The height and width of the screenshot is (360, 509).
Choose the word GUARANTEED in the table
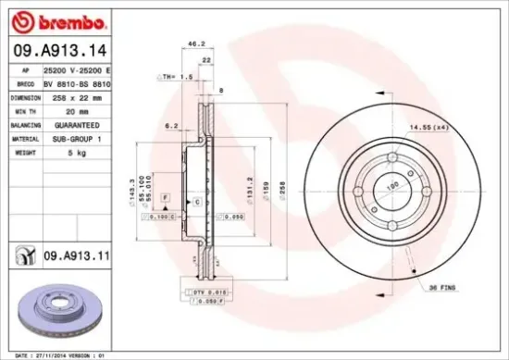(x=71, y=124)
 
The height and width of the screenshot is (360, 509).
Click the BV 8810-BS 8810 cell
(x=77, y=83)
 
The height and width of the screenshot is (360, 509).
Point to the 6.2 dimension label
(x=171, y=125)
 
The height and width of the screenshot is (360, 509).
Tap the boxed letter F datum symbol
(x=164, y=199)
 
